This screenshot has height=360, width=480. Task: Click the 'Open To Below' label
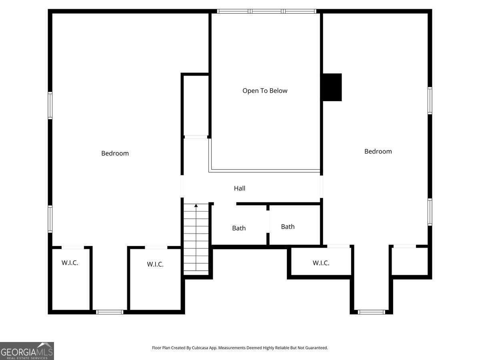tap(265, 91)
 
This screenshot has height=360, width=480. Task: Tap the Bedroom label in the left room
tap(115, 153)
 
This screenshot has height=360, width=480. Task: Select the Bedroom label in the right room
tap(378, 151)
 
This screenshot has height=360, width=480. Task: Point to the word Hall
tap(240, 188)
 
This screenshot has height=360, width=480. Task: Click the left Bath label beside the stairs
tap(239, 228)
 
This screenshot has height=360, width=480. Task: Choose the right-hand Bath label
tap(288, 226)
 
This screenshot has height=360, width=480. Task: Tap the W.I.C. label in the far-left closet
tap(70, 263)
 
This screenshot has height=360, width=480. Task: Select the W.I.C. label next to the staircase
tap(155, 264)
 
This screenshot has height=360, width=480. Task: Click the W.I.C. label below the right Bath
tap(321, 263)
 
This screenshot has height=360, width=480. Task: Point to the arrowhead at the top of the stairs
tap(196, 206)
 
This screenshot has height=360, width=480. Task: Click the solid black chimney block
tap(332, 87)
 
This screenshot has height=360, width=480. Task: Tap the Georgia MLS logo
tap(27, 351)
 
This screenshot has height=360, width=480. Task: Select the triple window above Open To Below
tap(266, 11)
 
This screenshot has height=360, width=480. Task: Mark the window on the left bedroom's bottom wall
tap(110, 312)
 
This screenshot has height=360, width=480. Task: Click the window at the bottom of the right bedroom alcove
tap(371, 312)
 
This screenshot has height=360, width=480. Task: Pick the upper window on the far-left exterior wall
tap(50, 106)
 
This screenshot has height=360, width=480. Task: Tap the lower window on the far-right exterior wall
tap(430, 212)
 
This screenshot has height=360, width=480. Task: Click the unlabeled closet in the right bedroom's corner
tap(410, 261)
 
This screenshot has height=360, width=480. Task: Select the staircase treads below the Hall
tap(196, 240)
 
